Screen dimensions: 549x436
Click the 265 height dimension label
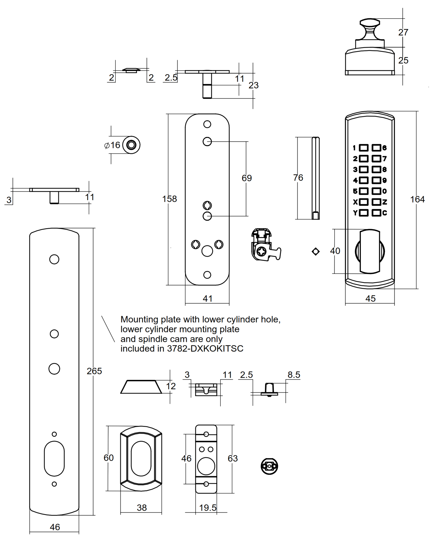pos(94,371)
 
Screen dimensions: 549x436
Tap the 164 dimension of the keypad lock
pos(417,199)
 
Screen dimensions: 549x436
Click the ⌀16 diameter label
pos(112,145)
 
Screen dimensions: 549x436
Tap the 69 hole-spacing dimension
pos(246,178)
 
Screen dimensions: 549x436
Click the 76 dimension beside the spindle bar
pos(298,177)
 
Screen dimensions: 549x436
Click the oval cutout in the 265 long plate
pos(54,458)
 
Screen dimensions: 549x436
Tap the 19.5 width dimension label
pos(207,508)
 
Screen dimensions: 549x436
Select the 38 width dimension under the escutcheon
pos(142,508)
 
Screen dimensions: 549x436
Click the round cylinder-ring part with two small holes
pos(269,466)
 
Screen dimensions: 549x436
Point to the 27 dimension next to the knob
pos(403,32)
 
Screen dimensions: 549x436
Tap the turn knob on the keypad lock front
pos(369,252)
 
